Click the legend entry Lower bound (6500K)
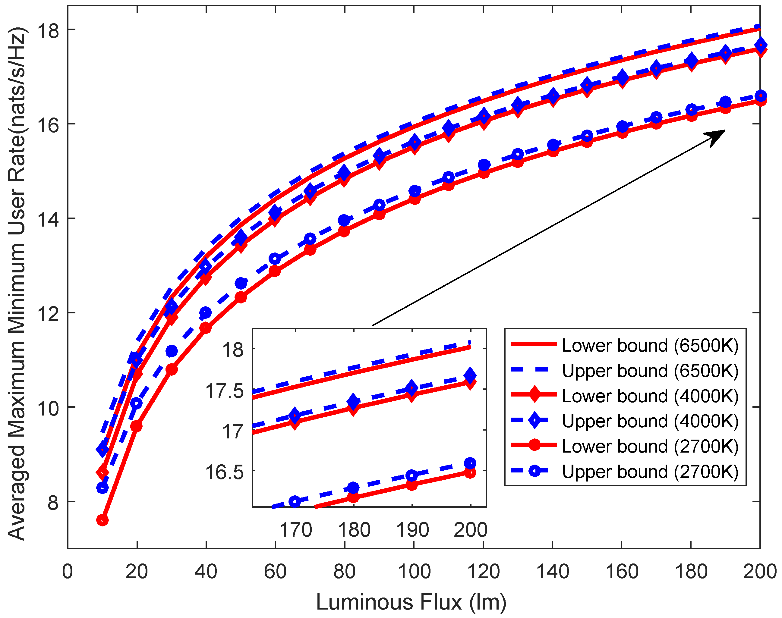[x=650, y=346]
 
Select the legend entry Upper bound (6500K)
[x=650, y=371]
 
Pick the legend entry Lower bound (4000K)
[x=650, y=396]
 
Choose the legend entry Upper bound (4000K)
[x=650, y=421]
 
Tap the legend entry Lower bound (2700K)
[x=650, y=447]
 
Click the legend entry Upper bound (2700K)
[x=650, y=472]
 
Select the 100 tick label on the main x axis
[x=414, y=572]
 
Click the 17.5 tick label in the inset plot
[x=225, y=391]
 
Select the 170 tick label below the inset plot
[x=295, y=530]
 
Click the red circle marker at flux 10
[x=102, y=520]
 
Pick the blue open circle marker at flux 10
[x=103, y=488]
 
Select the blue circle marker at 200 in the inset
[x=470, y=463]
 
